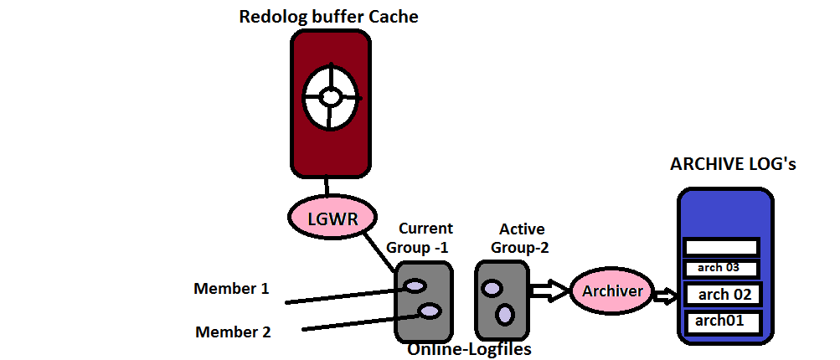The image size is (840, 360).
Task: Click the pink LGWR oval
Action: click(332, 219)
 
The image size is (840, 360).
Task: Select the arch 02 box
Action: click(724, 295)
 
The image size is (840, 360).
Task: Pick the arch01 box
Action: click(724, 321)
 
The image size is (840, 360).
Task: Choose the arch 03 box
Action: click(722, 268)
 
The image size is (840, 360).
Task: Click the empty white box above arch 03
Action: click(722, 247)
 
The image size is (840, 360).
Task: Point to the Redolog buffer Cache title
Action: click(328, 17)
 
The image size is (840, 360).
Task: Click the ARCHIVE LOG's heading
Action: click(733, 164)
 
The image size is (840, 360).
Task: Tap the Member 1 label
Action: click(231, 289)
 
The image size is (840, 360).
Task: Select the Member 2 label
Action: click(233, 332)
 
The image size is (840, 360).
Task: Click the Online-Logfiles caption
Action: click(469, 350)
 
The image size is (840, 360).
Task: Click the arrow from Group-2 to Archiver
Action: click(549, 291)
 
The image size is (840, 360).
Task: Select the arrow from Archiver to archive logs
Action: click(666, 296)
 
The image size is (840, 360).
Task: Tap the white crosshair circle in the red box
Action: click(331, 97)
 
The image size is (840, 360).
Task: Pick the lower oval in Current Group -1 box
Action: click(430, 311)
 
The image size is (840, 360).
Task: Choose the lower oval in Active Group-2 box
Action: click(505, 314)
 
